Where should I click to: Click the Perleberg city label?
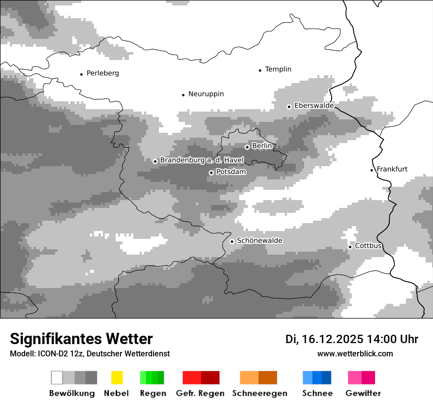(102, 73)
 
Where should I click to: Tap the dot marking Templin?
(260, 70)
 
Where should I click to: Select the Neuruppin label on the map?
(206, 94)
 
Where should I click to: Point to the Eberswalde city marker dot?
(289, 107)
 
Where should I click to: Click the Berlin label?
(262, 146)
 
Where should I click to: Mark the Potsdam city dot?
(211, 173)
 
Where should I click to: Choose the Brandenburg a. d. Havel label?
(202, 160)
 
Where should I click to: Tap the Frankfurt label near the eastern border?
(392, 169)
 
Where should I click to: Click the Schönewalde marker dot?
(232, 241)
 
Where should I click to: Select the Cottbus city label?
(369, 246)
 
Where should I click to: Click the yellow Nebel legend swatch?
(117, 378)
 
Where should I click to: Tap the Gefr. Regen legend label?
(200, 393)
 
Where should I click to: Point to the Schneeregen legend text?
(260, 393)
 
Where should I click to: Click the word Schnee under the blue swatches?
(317, 393)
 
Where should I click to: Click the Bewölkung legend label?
(72, 393)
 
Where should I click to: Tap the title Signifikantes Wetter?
(81, 339)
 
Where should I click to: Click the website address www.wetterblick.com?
(355, 353)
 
